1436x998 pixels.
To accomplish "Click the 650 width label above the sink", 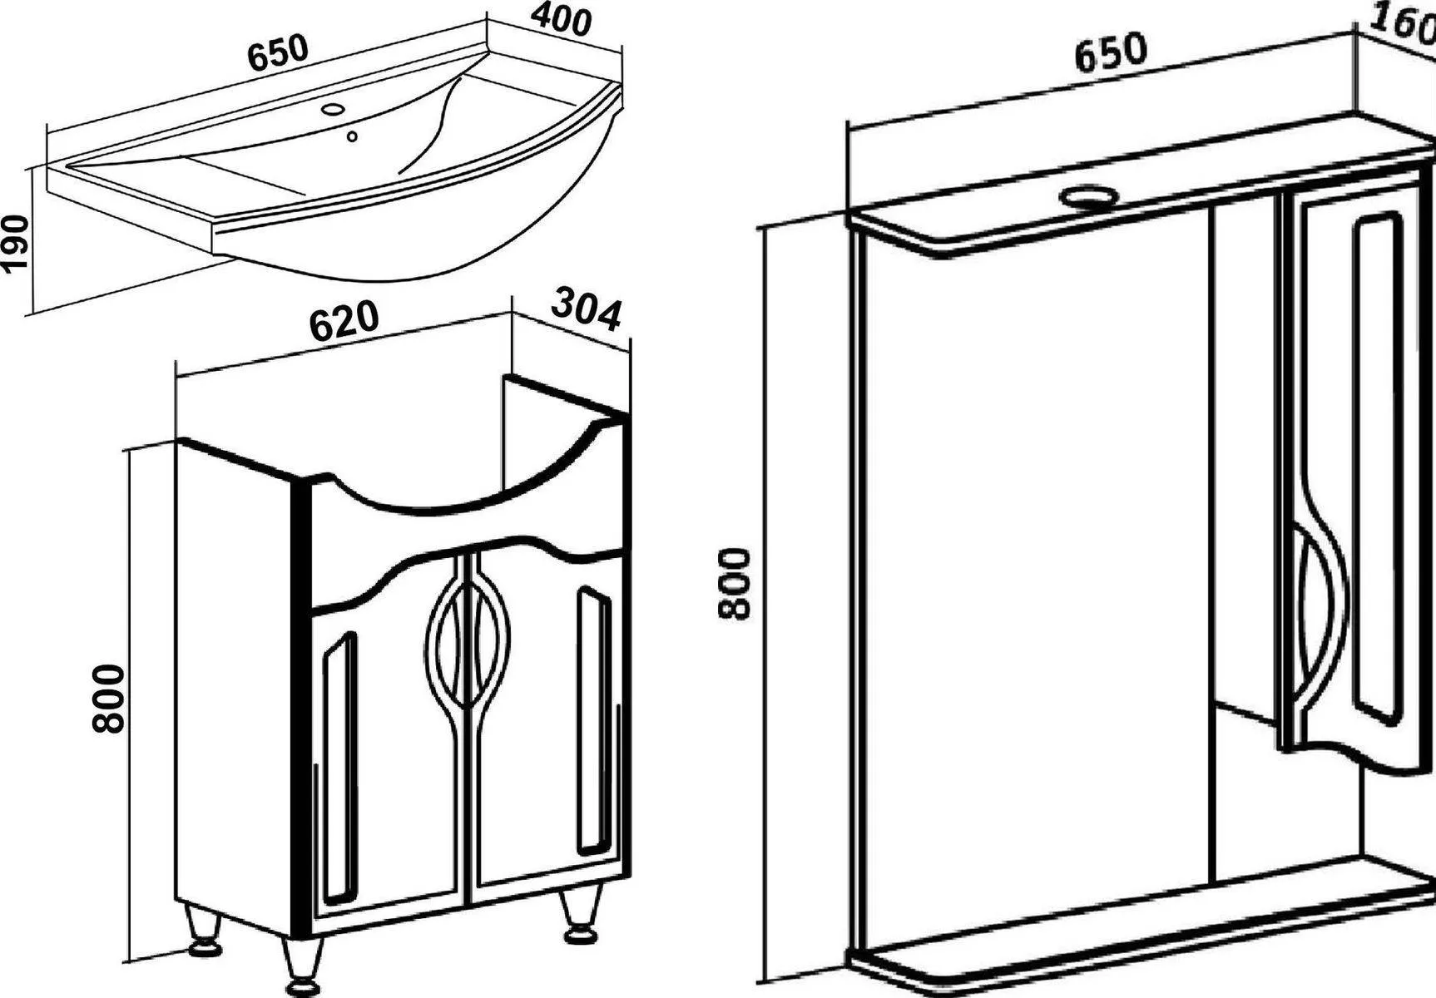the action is pos(278,53).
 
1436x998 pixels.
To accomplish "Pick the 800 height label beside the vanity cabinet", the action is pos(108,699).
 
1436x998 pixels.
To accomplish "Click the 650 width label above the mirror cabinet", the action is pos(1111,50).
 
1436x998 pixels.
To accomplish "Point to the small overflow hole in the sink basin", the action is pos(352,136).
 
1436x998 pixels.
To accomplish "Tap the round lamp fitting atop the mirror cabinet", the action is pos(1087,198).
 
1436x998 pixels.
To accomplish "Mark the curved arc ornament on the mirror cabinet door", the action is pos(1319,615).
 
